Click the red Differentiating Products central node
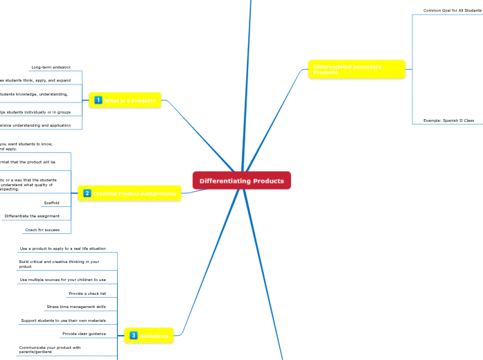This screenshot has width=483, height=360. (242, 181)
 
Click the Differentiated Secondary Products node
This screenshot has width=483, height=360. (357, 69)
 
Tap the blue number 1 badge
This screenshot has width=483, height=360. (98, 100)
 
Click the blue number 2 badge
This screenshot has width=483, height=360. (87, 193)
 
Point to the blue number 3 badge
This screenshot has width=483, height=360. (133, 336)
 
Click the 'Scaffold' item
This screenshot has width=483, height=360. (51, 203)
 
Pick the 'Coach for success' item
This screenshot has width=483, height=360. (42, 229)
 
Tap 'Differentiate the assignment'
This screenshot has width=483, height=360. (32, 216)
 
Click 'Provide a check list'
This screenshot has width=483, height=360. (87, 294)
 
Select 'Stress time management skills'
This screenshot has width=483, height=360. (76, 306)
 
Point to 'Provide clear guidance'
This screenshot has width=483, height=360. (84, 334)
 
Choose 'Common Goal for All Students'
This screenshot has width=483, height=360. (453, 10)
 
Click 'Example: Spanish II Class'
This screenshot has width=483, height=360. (448, 120)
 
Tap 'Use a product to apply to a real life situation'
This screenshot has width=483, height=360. (62, 248)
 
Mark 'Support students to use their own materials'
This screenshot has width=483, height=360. (63, 321)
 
